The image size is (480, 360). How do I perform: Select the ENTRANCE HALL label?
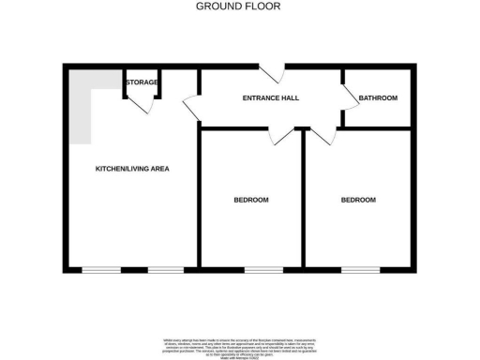tap(271, 97)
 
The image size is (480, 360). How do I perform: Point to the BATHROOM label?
tap(379, 97)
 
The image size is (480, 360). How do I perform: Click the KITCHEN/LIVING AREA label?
tap(132, 169)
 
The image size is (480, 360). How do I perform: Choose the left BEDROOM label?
tap(250, 200)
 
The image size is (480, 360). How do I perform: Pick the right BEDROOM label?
tap(358, 200)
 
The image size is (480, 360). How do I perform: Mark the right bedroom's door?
tap(323, 137)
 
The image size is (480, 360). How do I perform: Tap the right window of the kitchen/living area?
tap(165, 270)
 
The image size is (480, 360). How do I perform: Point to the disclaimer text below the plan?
tap(240, 343)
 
